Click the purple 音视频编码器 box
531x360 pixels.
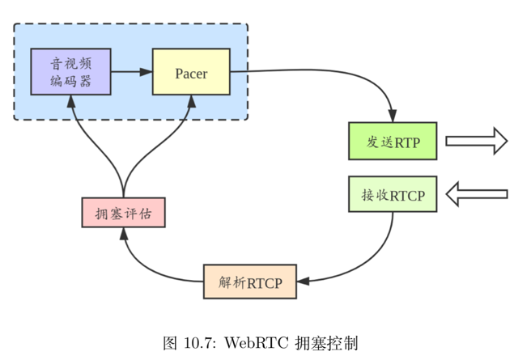pos(71,72)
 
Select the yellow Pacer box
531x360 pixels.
pos(191,72)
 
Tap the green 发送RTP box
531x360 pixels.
pos(393,141)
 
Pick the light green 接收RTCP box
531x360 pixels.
pos(393,194)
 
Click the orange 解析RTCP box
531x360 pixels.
pos(250,282)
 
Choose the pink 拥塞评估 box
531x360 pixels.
pos(124,213)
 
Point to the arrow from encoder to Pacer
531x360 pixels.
pos(131,72)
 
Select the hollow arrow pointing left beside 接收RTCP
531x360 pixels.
pos(477,194)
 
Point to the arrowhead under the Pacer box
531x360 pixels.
pos(191,101)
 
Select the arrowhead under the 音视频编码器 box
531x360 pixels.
pos(71,101)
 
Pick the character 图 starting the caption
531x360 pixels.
pos(170,341)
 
